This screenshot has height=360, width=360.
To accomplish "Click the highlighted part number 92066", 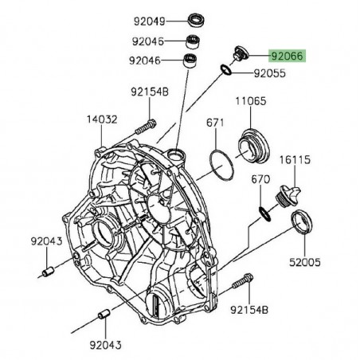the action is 288,57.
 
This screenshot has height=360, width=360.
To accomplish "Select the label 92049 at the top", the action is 150,22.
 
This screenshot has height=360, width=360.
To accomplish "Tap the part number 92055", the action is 270,73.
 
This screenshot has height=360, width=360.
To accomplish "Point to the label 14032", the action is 102,119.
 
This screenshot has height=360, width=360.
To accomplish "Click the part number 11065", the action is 251,101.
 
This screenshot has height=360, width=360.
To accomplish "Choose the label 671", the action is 215,123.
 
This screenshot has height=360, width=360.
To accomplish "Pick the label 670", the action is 260,179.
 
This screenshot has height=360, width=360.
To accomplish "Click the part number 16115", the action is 295,160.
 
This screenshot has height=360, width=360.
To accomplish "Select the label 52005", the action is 305,262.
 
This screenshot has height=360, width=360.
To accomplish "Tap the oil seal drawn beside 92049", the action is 196,20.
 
